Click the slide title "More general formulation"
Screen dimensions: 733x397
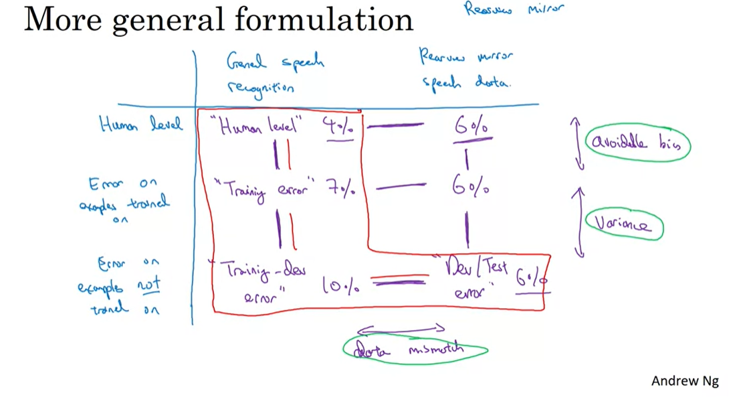(x=218, y=19)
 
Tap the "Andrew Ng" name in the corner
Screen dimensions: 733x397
(x=685, y=381)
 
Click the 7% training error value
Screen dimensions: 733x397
(x=340, y=189)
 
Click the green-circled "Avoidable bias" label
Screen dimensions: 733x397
(x=637, y=143)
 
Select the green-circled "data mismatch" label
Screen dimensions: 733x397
(x=415, y=349)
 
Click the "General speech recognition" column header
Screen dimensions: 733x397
(x=274, y=74)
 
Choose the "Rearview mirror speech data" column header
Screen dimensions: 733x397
(x=465, y=69)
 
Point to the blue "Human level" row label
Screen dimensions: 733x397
(x=140, y=125)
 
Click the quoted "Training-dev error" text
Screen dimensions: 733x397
(x=257, y=282)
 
